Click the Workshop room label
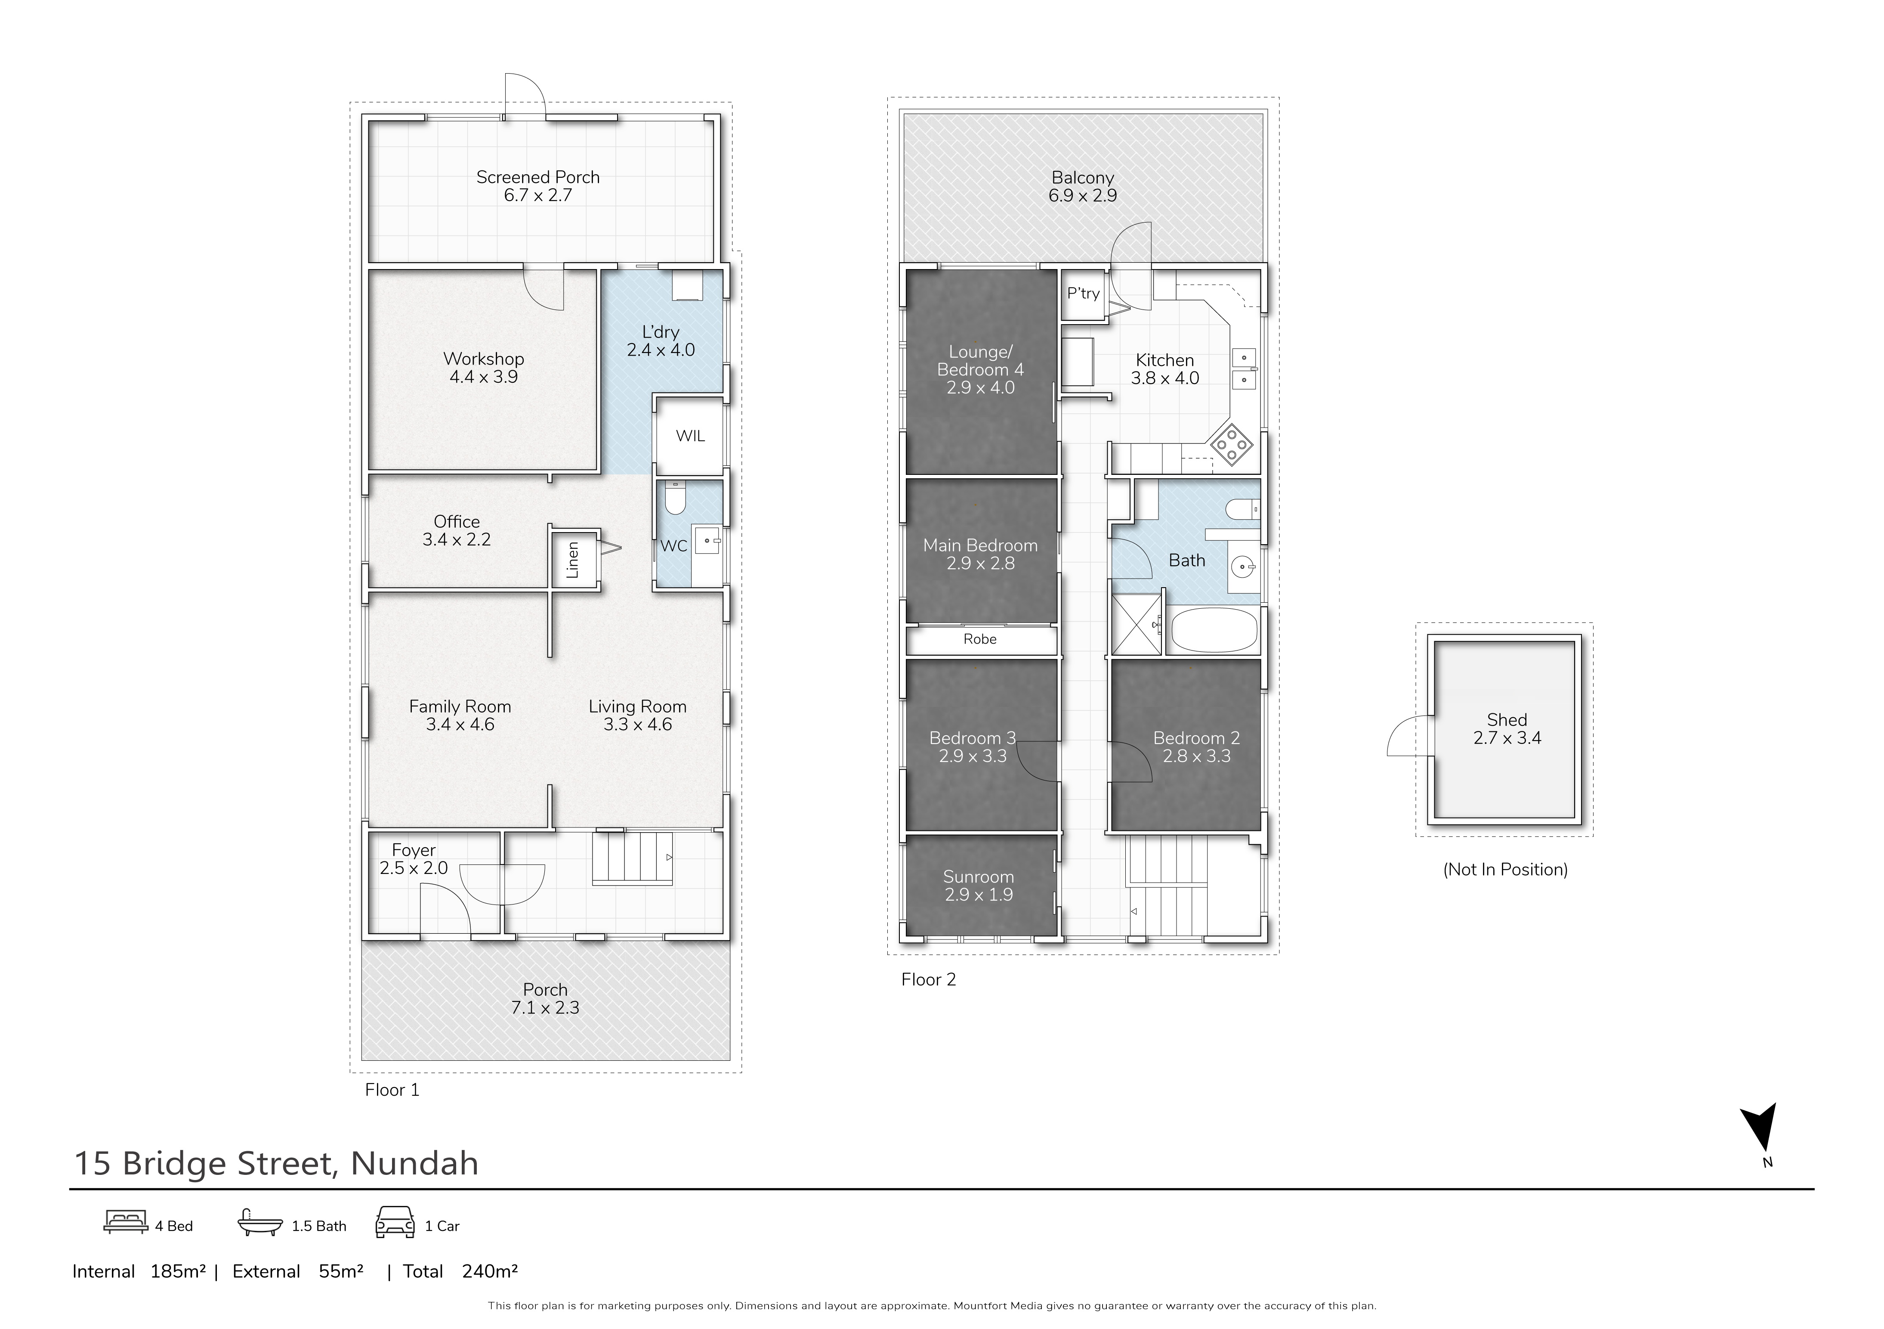click(x=483, y=359)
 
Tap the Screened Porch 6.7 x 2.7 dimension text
click(x=537, y=195)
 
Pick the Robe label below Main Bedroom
click(x=980, y=638)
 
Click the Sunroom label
click(x=978, y=877)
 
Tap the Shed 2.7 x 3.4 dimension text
click(x=1507, y=738)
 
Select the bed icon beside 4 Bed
click(x=126, y=1221)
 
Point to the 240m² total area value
click(x=490, y=1272)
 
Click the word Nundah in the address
click(x=414, y=1163)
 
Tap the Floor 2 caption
click(x=929, y=979)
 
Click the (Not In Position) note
click(x=1505, y=869)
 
